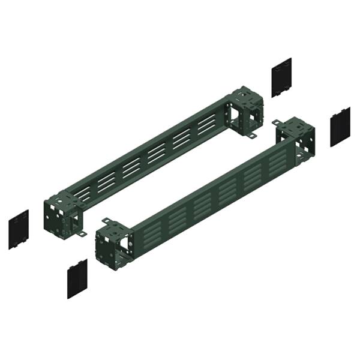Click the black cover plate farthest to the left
pyautogui.click(x=19, y=229)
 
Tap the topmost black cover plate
pyautogui.click(x=281, y=77)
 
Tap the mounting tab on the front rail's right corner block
pyautogui.click(x=277, y=122)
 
